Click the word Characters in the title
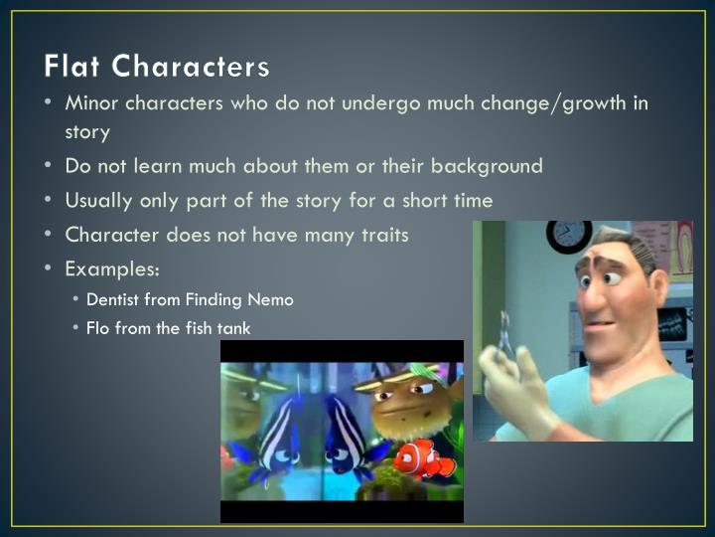(x=190, y=67)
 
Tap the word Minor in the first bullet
(x=90, y=103)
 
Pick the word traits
(x=381, y=235)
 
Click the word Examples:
(x=112, y=268)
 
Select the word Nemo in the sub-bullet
(x=273, y=298)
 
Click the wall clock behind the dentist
(x=569, y=236)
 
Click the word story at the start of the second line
(x=86, y=131)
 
